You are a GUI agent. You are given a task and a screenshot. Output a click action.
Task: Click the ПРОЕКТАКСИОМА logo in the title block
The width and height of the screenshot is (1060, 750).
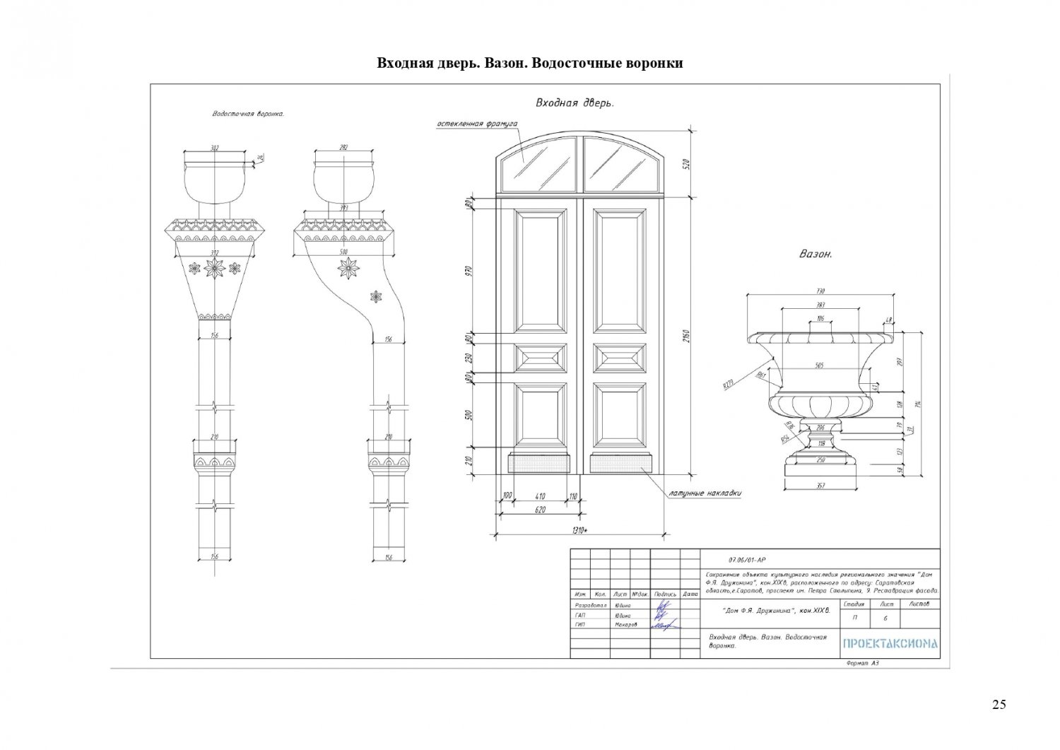pyautogui.click(x=890, y=643)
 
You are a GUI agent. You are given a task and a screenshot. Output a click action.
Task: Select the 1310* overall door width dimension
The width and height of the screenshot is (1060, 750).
pyautogui.click(x=581, y=531)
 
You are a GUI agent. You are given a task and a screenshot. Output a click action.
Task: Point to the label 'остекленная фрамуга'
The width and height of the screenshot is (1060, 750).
pyautogui.click(x=477, y=124)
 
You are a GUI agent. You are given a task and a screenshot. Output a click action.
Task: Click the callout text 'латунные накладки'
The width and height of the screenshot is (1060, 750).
pyautogui.click(x=705, y=493)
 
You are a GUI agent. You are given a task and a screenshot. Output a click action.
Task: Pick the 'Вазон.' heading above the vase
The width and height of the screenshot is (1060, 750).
pyautogui.click(x=815, y=254)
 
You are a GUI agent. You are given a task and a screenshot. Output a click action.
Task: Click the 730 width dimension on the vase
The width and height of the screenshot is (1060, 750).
pyautogui.click(x=820, y=291)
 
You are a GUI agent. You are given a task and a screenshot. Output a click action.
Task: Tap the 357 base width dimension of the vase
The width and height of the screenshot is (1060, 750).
pyautogui.click(x=820, y=485)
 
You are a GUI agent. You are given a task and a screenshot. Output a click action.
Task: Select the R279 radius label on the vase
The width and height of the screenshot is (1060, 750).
pyautogui.click(x=729, y=384)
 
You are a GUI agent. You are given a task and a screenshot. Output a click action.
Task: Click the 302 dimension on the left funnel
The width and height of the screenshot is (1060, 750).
pyautogui.click(x=215, y=148)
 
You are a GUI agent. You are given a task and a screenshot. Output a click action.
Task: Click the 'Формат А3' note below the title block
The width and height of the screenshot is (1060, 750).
pyautogui.click(x=862, y=663)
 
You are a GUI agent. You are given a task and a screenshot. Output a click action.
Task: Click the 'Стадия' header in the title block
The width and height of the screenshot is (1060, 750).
pyautogui.click(x=854, y=604)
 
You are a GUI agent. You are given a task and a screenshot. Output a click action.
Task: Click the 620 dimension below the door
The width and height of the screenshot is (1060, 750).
pyautogui.click(x=540, y=509)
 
